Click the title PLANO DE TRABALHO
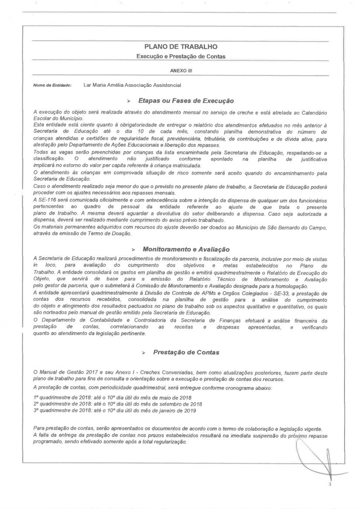pyautogui.click(x=180, y=47)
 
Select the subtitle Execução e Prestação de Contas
pyautogui.click(x=180, y=56)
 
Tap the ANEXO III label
pyautogui.click(x=180, y=70)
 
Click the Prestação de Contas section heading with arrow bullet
pyautogui.click(x=186, y=352)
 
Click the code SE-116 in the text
pyautogui.click(x=46, y=199)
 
